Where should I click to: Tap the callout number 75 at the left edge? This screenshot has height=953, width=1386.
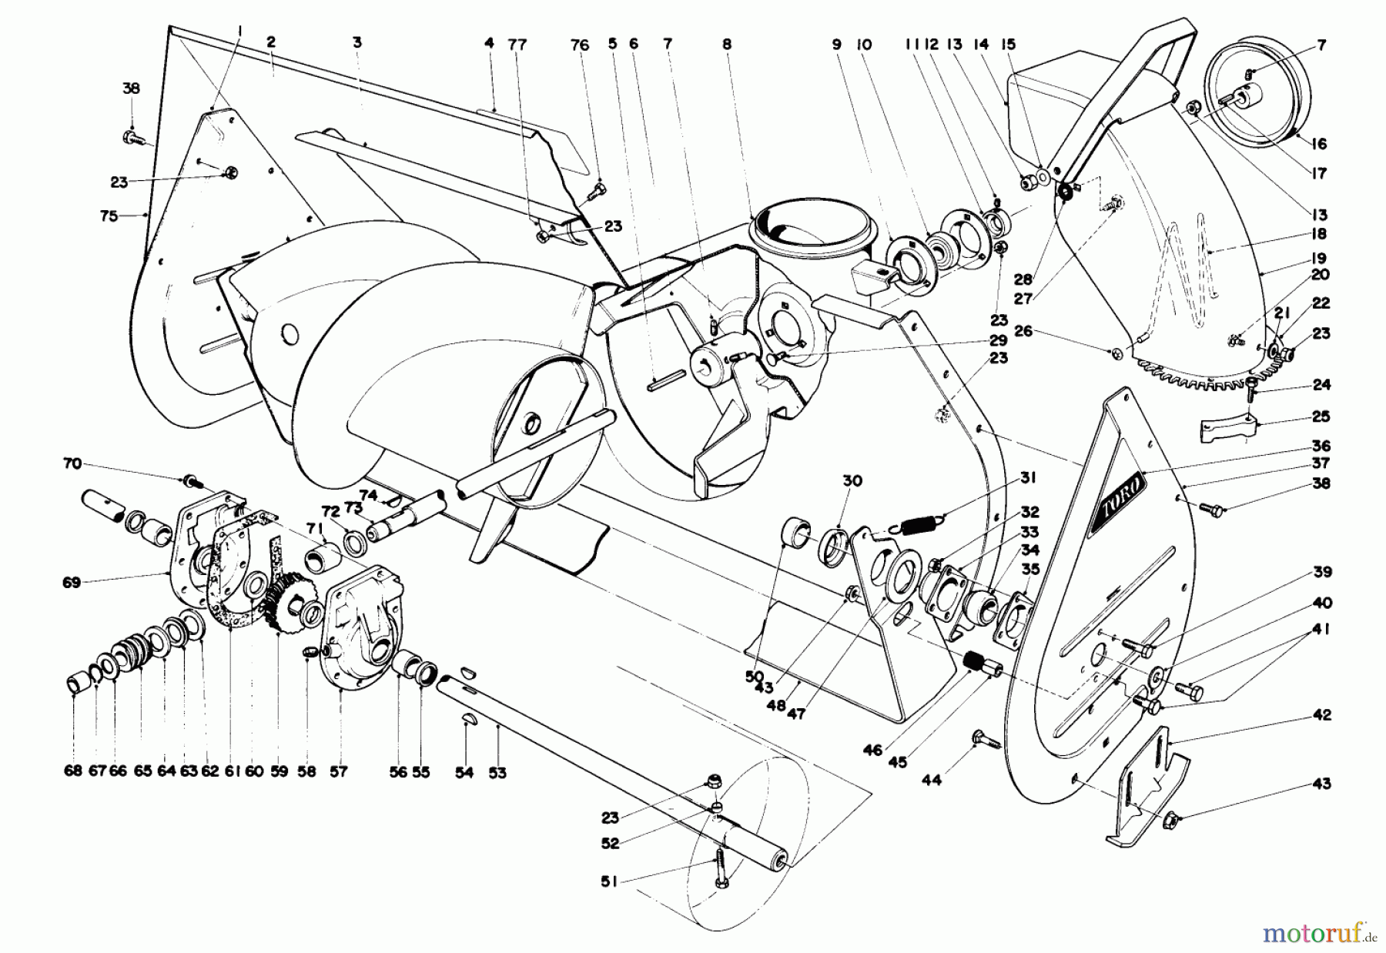pos(109,216)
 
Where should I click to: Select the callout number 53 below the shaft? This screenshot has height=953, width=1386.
pos(497,772)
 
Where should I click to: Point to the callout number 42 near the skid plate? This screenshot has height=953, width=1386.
pos(1321,715)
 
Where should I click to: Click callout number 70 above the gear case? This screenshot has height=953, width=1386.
pos(72,463)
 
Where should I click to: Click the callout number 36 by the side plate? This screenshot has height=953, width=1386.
pos(1321,446)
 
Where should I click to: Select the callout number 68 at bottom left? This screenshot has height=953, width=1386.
pos(72,772)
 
